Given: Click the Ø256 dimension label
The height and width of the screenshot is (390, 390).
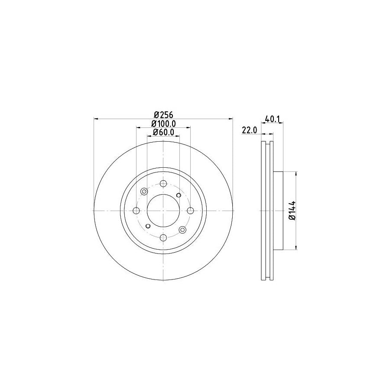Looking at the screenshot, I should point(163,115).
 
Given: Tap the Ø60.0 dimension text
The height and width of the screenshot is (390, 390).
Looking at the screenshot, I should point(163,133).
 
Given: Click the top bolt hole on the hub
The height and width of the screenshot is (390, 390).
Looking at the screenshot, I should point(163,183).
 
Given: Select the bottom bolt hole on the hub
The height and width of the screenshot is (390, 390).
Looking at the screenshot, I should point(163,237).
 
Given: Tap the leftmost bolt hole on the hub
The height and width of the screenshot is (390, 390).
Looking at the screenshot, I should point(136,211).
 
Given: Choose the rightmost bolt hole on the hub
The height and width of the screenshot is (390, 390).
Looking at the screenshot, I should point(190,211).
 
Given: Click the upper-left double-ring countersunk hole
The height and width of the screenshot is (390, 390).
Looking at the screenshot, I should point(144,191).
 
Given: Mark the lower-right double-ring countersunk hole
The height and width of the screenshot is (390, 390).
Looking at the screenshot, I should point(182,230).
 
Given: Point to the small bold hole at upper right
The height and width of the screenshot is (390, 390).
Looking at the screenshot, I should point(179,195).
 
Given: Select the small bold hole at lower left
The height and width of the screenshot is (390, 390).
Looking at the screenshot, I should point(148,226).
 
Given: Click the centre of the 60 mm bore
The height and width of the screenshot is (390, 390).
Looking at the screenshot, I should point(163,211).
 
